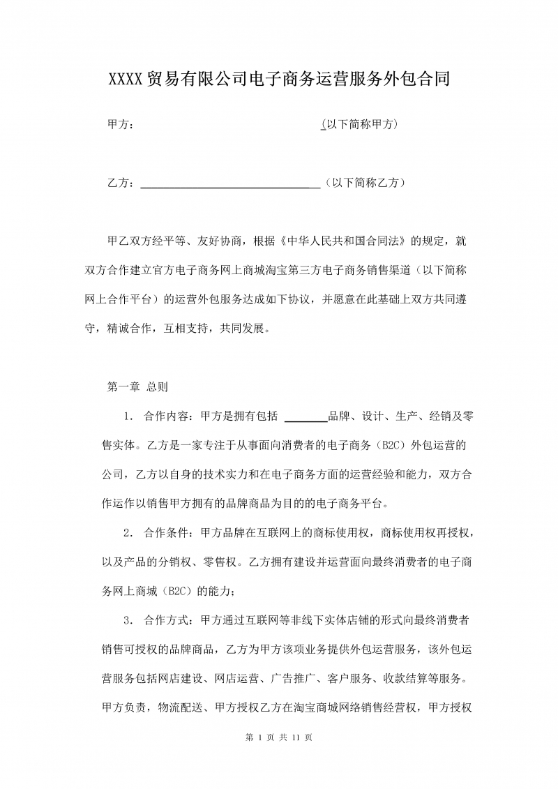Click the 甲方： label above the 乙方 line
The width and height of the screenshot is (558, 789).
click(x=120, y=125)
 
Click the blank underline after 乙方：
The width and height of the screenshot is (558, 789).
click(x=230, y=184)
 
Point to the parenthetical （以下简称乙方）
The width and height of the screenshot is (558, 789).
click(x=365, y=183)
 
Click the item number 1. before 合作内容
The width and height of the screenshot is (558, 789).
click(x=128, y=416)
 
